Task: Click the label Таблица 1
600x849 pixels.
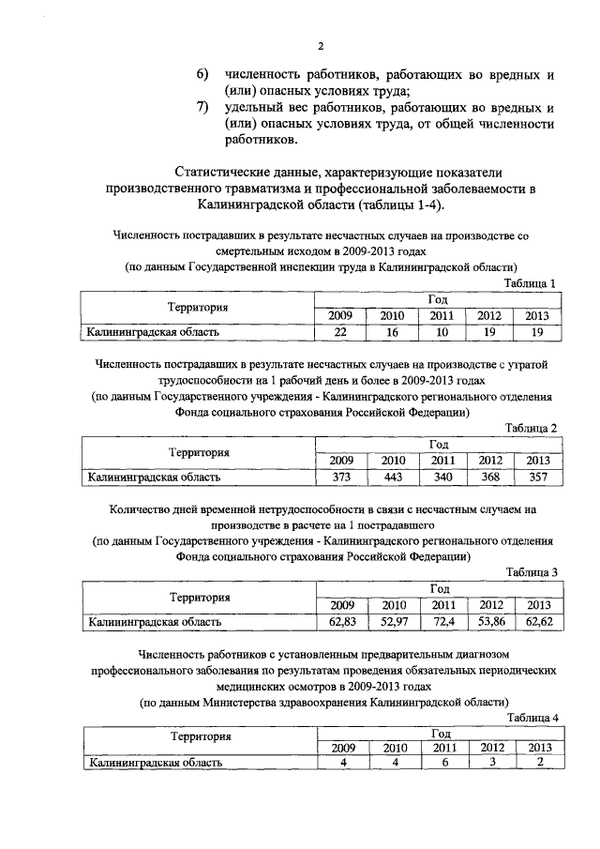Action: coord(530,283)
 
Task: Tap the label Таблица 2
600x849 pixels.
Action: coord(531,428)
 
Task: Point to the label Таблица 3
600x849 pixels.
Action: coord(531,571)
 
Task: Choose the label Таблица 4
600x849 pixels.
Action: coord(531,718)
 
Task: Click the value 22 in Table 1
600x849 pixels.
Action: coord(340,332)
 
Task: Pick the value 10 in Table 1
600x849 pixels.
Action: coord(442,332)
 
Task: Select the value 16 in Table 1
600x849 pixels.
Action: coord(392,332)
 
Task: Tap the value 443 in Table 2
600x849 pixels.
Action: coord(392,477)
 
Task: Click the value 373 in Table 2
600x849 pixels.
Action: coord(341,477)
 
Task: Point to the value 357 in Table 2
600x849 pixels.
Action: coord(537,477)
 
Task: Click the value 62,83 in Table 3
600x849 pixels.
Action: coord(341,621)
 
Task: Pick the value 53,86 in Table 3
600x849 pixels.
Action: coord(490,621)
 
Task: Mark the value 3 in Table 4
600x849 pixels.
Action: coord(490,763)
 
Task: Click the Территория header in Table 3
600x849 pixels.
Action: coord(199,597)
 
